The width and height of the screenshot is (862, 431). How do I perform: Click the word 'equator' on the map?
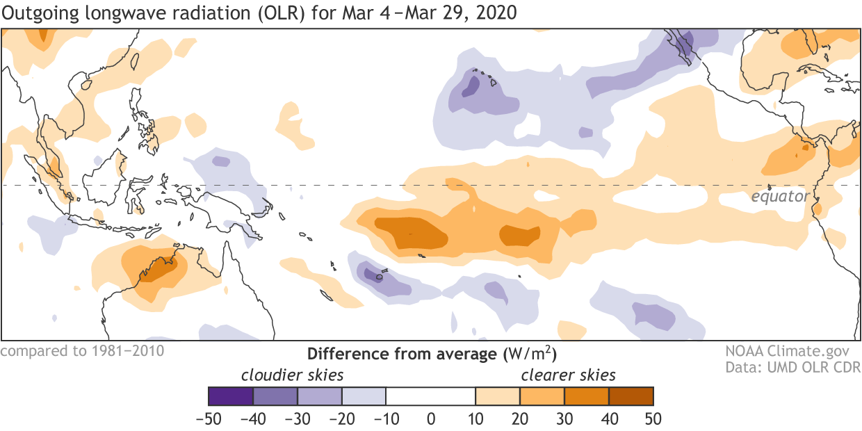[x=780, y=197]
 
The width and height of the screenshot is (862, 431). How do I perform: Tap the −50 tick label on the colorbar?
[x=209, y=419]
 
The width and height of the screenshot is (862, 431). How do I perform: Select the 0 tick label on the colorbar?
[x=431, y=419]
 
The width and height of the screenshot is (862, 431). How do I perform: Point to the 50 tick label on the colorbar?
[x=653, y=419]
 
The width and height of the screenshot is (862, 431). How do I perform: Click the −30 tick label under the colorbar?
[x=298, y=419]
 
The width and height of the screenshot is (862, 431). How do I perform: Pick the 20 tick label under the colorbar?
[x=520, y=419]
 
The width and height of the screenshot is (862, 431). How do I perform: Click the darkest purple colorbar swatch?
[x=231, y=396]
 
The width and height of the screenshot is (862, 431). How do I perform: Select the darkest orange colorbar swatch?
[x=631, y=396]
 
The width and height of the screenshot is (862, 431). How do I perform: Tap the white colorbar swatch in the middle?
[x=431, y=396]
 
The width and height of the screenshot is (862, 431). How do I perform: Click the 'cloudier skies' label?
[x=292, y=375]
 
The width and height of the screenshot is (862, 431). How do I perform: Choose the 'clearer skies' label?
[x=569, y=375]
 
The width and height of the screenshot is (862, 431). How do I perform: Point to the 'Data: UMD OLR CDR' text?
[x=792, y=366]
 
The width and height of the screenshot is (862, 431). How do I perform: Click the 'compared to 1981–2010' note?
[x=83, y=350]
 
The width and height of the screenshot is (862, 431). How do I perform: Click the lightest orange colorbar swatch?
[x=498, y=396]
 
